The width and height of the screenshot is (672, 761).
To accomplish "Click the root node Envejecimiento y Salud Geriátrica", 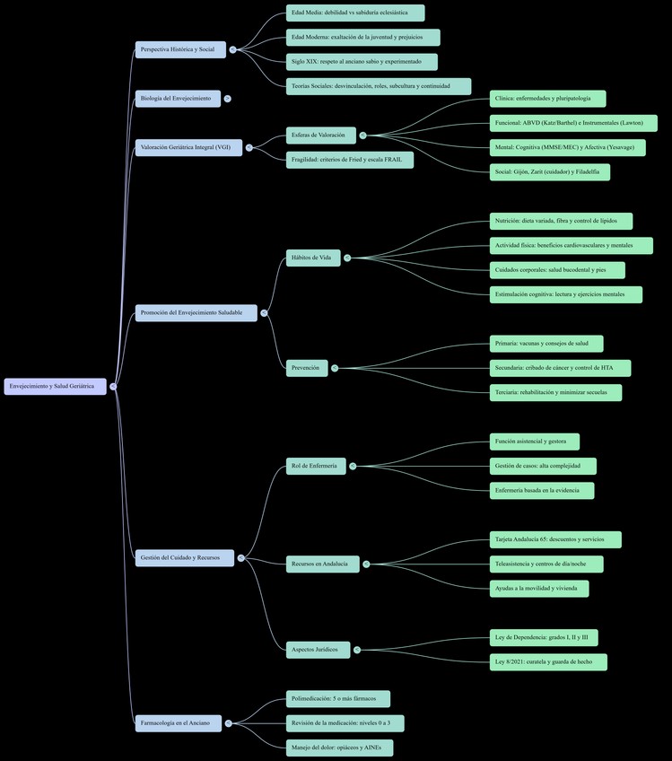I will point(55,386).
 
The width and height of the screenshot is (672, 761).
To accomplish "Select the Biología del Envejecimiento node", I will point(178,98).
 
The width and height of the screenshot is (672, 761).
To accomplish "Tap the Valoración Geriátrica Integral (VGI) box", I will point(188,147).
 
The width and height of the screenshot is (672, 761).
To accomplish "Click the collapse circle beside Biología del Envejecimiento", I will point(228,99).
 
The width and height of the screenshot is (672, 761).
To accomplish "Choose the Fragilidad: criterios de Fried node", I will point(350,160).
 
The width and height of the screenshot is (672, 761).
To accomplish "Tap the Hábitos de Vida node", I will point(313,258).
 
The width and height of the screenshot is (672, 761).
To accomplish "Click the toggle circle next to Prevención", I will point(335,368).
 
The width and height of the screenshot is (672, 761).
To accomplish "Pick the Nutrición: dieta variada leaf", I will point(561,221).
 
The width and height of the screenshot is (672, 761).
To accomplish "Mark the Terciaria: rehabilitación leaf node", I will point(555,392).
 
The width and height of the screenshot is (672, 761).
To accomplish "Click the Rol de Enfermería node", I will point(316,466).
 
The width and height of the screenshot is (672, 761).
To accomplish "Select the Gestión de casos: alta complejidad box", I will point(543,466).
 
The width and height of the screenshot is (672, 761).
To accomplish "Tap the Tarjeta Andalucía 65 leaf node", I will point(555,539).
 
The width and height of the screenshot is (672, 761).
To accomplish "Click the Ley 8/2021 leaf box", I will point(548,662).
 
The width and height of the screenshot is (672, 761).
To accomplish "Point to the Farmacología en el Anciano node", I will point(178,722).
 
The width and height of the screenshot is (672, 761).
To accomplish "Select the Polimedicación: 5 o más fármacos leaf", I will point(338,698).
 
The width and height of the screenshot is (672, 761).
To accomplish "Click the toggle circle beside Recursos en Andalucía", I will point(366,564).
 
